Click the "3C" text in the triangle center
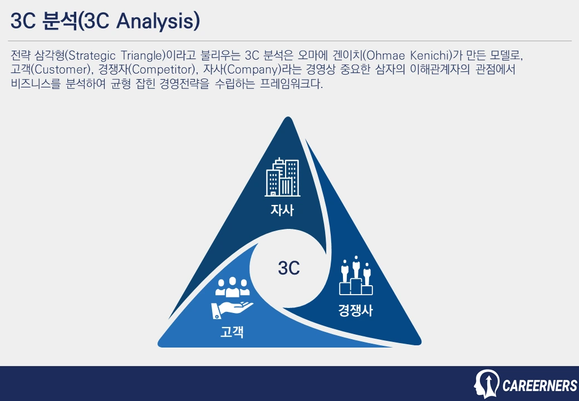[289, 268]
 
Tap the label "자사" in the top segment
[282, 211]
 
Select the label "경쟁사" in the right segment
[355, 310]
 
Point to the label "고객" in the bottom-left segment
[232, 332]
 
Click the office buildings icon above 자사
[282, 178]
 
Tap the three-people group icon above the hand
[232, 287]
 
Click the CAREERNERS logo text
[539, 385]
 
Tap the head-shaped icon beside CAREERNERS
[486, 384]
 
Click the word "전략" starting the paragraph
[21, 56]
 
